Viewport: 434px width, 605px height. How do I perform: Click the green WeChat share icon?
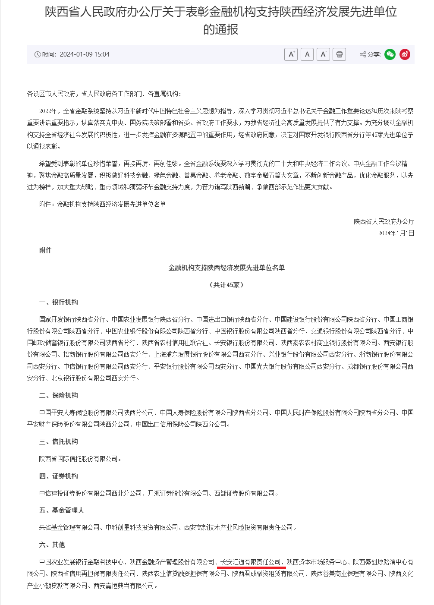[x=390, y=54]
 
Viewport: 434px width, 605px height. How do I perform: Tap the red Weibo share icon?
[x=405, y=54]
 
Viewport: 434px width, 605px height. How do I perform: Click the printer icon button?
[x=340, y=54]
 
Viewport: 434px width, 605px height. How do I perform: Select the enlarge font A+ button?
[x=291, y=54]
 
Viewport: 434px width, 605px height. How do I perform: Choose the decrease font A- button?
[x=323, y=54]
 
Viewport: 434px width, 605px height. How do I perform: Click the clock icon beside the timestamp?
[x=38, y=54]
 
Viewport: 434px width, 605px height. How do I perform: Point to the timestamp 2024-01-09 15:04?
[x=85, y=54]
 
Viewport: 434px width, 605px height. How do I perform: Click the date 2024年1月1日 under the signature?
[x=396, y=233]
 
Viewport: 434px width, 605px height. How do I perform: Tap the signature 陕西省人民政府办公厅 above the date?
[x=384, y=221]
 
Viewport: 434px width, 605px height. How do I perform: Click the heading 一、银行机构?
[x=59, y=302]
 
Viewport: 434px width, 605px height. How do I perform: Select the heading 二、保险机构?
[x=59, y=395]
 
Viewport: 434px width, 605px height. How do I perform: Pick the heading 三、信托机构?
[x=59, y=441]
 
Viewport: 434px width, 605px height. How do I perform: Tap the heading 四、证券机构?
[x=59, y=476]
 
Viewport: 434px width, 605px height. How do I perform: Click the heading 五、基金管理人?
[x=62, y=510]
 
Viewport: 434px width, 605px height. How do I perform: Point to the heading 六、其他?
[x=52, y=545]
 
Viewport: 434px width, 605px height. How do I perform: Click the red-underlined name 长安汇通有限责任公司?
[x=251, y=562]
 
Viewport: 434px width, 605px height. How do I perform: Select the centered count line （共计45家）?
[x=226, y=285]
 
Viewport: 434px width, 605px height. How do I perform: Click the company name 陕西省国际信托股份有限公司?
[x=78, y=459]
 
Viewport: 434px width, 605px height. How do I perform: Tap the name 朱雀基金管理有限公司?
[x=69, y=527]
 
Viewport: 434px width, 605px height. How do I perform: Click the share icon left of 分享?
[x=363, y=54]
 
